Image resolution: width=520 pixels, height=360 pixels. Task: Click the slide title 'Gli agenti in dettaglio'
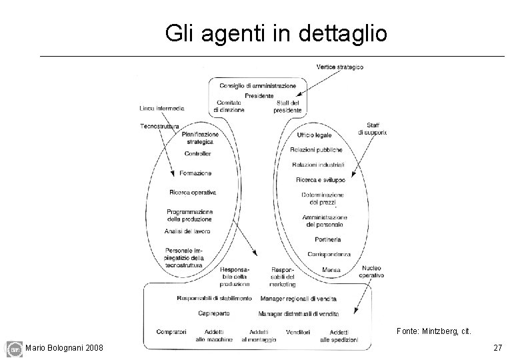pos(276,33)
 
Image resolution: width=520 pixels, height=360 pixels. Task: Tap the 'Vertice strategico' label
pos(340,67)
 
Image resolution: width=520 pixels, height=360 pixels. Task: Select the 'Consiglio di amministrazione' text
pos(259,86)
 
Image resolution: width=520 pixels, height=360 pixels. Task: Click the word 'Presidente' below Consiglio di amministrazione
pos(259,95)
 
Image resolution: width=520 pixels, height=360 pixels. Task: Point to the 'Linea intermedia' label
pos(162,109)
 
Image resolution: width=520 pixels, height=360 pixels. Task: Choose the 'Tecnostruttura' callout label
pos(160,125)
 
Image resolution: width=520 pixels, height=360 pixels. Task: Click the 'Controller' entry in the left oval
pos(198,154)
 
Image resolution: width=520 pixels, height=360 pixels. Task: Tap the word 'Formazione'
pos(195,173)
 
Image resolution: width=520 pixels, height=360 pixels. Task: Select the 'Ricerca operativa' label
pos(193,193)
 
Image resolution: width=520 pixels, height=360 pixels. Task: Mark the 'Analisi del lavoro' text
pos(187,231)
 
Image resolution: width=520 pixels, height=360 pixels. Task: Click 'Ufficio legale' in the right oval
pos(314,135)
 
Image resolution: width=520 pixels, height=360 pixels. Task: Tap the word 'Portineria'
pos(325,239)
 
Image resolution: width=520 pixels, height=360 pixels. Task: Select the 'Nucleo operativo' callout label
pos(371,271)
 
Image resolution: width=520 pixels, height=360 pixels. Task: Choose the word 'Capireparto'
pos(215,313)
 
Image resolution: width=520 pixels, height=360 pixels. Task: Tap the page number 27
pos(497,348)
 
